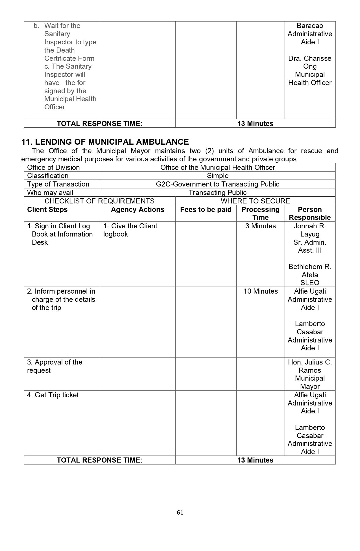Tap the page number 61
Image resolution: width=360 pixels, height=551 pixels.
180,513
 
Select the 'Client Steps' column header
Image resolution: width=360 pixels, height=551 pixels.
47,210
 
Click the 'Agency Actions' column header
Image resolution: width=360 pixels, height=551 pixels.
138,210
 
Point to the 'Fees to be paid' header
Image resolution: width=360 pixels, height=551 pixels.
206,210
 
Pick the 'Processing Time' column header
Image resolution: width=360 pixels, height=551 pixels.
260,213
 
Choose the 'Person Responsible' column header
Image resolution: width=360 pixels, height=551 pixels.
310,213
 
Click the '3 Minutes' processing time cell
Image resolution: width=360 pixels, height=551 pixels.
260,226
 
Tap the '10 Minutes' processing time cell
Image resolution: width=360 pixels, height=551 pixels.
260,291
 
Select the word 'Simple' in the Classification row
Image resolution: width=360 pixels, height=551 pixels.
217,176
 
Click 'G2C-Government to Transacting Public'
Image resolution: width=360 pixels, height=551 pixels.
217,184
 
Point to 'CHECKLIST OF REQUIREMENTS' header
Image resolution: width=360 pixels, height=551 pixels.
99,201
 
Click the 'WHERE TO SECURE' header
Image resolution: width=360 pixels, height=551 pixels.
255,201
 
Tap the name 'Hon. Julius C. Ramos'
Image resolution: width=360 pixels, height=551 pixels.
310,366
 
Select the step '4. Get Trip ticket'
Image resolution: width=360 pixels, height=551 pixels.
53,395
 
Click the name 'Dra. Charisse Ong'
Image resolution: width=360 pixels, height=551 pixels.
310,62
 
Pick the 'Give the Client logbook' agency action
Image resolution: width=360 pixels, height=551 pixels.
130,230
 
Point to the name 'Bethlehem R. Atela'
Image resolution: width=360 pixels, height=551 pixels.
310,271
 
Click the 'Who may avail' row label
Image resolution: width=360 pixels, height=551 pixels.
50,193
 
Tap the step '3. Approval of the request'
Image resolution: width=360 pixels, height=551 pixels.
54,366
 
